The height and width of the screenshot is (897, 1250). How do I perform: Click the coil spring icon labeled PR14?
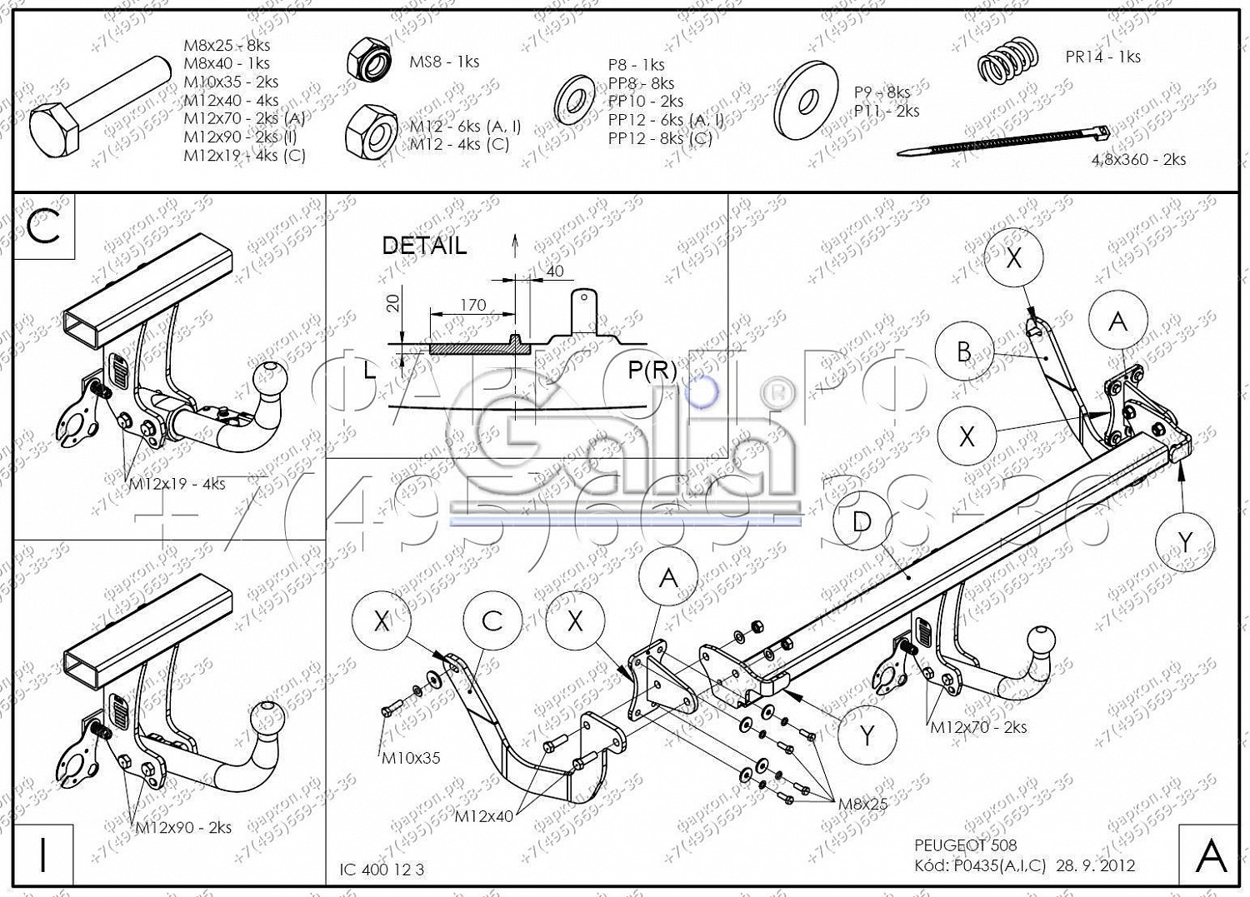1007,59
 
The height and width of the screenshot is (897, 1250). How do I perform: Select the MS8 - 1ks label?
443,62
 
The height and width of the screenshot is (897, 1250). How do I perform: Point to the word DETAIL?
423,246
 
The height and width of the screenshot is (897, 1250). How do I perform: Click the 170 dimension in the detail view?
472,305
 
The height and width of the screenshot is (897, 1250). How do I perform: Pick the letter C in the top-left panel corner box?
43,226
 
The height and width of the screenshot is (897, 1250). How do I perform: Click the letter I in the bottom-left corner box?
43,855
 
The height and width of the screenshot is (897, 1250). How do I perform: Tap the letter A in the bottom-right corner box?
1210,855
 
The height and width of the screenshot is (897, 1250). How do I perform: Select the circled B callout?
964,351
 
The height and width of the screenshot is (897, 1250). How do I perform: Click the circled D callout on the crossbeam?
862,522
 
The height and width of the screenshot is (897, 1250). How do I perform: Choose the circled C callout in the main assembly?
492,621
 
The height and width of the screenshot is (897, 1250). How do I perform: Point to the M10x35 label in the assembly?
411,758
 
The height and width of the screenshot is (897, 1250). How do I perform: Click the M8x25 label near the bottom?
862,804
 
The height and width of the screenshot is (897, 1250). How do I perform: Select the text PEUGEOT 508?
965,846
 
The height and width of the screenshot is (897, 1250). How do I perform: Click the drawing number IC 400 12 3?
382,870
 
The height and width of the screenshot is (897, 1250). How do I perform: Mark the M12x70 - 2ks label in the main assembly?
977,727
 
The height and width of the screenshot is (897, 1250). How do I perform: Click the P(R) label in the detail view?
652,370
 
